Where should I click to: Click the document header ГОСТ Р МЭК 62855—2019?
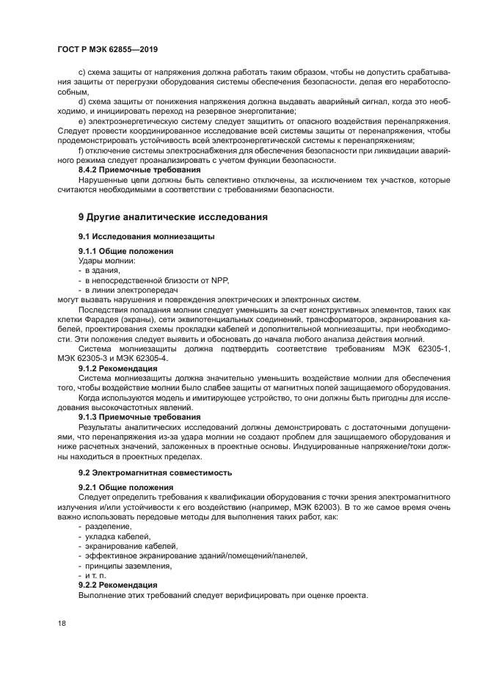click(108, 49)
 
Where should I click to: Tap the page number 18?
click(61, 622)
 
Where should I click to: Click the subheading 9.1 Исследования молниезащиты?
click(146, 236)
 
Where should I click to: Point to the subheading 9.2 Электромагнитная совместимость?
click(155, 472)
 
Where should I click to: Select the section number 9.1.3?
click(90, 416)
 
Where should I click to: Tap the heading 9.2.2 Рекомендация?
click(117, 585)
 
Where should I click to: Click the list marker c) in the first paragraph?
click(81, 71)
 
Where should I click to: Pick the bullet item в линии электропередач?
click(126, 290)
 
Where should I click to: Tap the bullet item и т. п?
click(95, 575)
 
